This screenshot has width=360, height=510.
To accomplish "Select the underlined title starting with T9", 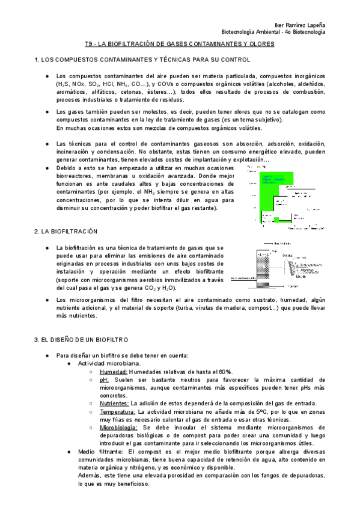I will coord(180,45).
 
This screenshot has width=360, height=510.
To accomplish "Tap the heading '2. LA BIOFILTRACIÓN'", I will coord(66,231).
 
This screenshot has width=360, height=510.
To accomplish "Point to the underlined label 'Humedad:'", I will coord(114,372).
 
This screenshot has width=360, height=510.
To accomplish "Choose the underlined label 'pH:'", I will coord(105,380).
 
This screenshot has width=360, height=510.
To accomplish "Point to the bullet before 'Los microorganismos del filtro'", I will coord(47,300).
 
